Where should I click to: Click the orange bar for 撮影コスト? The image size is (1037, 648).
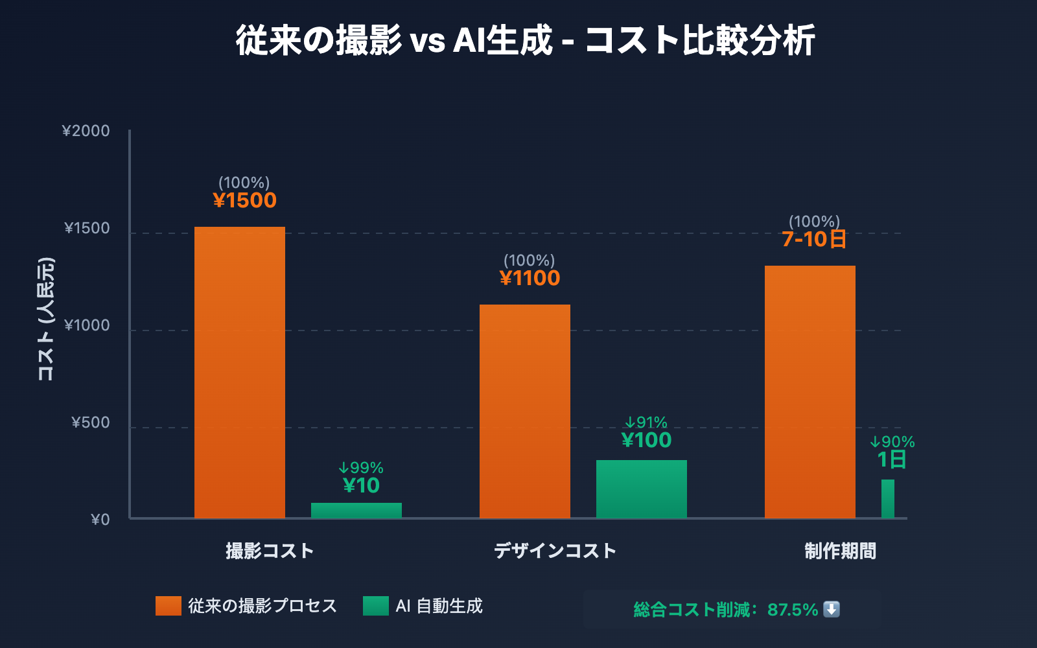pos(240,373)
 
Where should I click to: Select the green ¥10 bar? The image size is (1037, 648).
pos(356,511)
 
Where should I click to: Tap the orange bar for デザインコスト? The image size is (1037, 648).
pos(525,411)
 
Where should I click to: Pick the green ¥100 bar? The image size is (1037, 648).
pos(642,489)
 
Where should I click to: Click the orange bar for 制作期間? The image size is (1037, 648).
pos(810,392)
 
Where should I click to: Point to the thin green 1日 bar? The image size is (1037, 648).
pos(888,499)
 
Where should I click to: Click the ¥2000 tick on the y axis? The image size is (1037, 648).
pos(86,131)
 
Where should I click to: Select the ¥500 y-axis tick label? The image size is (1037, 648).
pos(91,422)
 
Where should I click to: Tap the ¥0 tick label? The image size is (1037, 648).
pos(100,520)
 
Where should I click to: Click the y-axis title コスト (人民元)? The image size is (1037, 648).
pos(45,319)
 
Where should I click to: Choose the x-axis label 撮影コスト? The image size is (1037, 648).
pos(270,551)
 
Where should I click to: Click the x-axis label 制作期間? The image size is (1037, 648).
pos(840,551)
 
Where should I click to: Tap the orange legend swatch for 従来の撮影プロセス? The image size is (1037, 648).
pos(169,606)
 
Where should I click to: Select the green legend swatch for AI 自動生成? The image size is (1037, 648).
pos(376,606)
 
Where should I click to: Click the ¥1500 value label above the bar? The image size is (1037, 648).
pos(245,200)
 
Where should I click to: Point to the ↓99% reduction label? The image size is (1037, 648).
pos(361,468)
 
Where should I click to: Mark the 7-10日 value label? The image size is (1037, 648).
pos(814,239)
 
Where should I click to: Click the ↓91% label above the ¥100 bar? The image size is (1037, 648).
pos(646,422)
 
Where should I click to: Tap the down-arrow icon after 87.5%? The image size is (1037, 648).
pos(832,609)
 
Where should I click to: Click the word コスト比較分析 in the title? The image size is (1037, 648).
pos(700,40)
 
